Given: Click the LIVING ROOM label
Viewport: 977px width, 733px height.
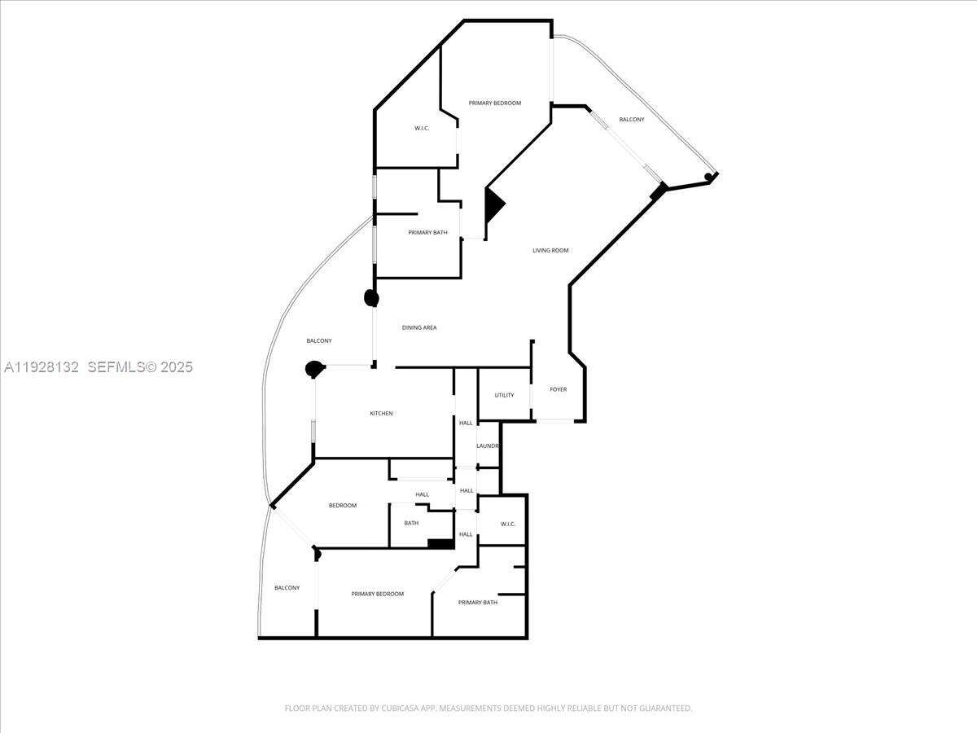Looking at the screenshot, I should tap(550, 250).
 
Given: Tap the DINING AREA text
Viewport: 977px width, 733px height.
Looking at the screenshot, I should tap(419, 327).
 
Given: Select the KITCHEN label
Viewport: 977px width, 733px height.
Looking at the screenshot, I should tap(381, 414).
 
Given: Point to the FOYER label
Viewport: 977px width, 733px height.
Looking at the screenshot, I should tap(558, 389).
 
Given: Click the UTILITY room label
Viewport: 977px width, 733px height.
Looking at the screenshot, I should tap(504, 395).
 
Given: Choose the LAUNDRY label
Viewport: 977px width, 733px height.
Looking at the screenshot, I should tap(487, 446).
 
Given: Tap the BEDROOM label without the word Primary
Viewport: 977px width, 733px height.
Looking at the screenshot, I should tap(343, 506).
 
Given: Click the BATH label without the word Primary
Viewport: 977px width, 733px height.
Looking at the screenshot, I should tap(411, 523).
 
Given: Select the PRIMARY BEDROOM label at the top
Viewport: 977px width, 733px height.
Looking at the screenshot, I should tap(494, 103).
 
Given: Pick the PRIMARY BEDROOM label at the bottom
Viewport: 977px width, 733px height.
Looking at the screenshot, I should tap(377, 594).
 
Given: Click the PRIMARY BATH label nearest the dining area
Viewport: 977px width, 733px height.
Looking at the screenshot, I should tap(427, 233).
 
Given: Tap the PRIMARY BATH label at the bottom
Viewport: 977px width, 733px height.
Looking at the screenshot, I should tap(477, 603).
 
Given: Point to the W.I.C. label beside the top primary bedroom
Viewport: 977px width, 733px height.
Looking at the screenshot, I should tap(422, 128).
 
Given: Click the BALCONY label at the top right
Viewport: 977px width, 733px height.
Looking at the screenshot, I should tap(631, 120).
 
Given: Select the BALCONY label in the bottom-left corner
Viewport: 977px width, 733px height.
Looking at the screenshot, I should tap(287, 588).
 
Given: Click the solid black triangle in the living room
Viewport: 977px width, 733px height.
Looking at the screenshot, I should tap(493, 205).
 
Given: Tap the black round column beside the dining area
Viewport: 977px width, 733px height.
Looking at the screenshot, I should tap(371, 298).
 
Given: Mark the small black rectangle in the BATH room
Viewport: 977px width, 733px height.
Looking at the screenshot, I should tap(440, 543).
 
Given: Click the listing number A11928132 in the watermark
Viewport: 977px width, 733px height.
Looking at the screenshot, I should tap(42, 367).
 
